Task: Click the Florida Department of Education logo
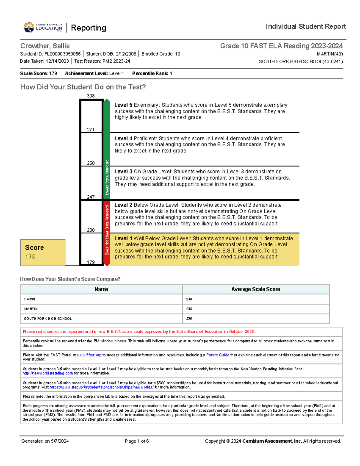coord(43,27)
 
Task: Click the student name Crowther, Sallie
coord(45,46)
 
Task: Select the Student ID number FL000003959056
coord(62,54)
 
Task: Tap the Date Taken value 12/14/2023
coord(57,61)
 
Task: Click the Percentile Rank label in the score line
coord(150,74)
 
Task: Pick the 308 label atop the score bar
coord(91,96)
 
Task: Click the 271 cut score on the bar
coord(91,130)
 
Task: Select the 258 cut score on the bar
coord(91,163)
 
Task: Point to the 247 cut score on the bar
coord(91,197)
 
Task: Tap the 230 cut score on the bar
coord(91,230)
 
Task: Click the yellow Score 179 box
coord(43,252)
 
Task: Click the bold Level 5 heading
coord(123,105)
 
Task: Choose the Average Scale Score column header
coord(256,289)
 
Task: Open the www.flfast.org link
coord(89,355)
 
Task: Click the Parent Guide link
coord(217,355)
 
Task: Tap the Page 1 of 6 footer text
coord(137,441)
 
